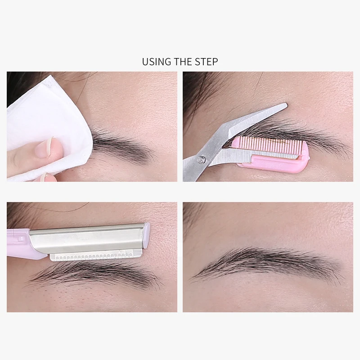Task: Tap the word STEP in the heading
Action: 207,62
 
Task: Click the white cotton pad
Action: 49,129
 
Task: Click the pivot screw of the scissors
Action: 202,159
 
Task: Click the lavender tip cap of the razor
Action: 147,235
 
